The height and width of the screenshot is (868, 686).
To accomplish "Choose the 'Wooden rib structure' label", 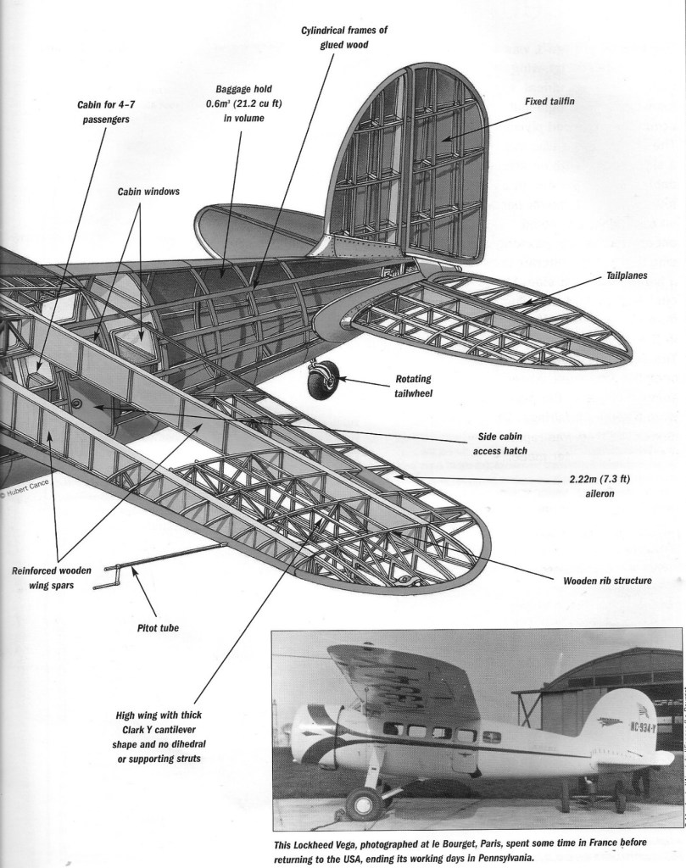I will click(607, 581).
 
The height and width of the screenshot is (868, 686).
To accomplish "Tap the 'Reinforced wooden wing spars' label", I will click(52, 577).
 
